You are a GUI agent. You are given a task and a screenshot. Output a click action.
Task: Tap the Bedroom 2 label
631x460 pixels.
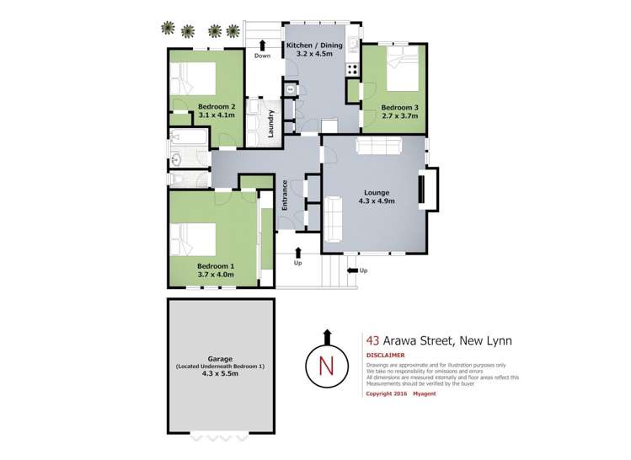tap(217, 106)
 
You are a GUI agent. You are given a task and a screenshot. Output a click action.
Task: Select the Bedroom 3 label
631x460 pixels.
tap(398, 107)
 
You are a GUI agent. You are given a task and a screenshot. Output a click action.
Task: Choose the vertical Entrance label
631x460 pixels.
tap(286, 195)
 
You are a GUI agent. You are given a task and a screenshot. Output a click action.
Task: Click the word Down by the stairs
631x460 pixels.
tap(262, 56)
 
